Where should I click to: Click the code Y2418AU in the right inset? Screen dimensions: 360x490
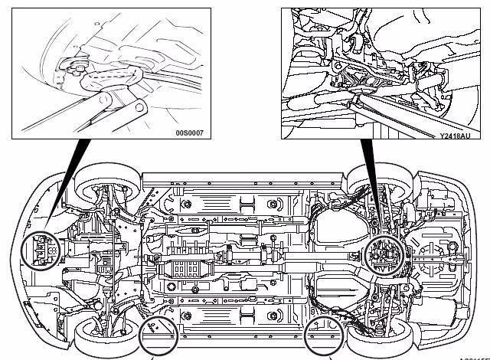coord(456,136)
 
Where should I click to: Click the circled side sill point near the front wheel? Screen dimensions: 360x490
coord(157,335)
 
